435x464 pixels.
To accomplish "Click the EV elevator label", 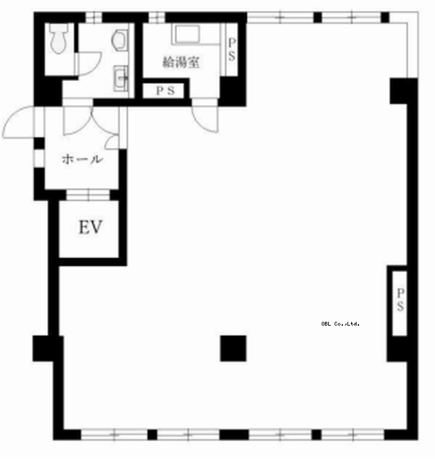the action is pyautogui.click(x=91, y=227).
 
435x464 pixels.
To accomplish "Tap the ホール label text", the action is pyautogui.click(x=82, y=159).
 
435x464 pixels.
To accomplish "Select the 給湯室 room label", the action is pyautogui.click(x=181, y=62).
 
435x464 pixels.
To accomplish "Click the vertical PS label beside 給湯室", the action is pyautogui.click(x=232, y=50).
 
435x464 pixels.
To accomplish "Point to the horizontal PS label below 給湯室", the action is pyautogui.click(x=165, y=91).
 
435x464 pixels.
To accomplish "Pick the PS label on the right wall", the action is pyautogui.click(x=400, y=299).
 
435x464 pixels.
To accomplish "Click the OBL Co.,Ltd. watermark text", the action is pyautogui.click(x=340, y=324).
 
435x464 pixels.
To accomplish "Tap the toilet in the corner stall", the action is pyautogui.click(x=59, y=39).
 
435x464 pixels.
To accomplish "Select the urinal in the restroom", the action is pyautogui.click(x=120, y=41).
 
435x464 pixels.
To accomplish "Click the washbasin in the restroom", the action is pyautogui.click(x=121, y=79).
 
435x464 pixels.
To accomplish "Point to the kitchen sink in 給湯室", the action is pyautogui.click(x=187, y=35).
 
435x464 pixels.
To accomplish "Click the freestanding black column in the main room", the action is pyautogui.click(x=233, y=348).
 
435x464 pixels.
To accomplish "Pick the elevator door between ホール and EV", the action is pyautogui.click(x=88, y=195).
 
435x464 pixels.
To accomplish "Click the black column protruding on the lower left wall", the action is pyautogui.click(x=48, y=348).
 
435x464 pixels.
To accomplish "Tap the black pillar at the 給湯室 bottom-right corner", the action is pyautogui.click(x=232, y=91).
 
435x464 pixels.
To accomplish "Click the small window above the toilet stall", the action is pyautogui.click(x=94, y=17).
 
